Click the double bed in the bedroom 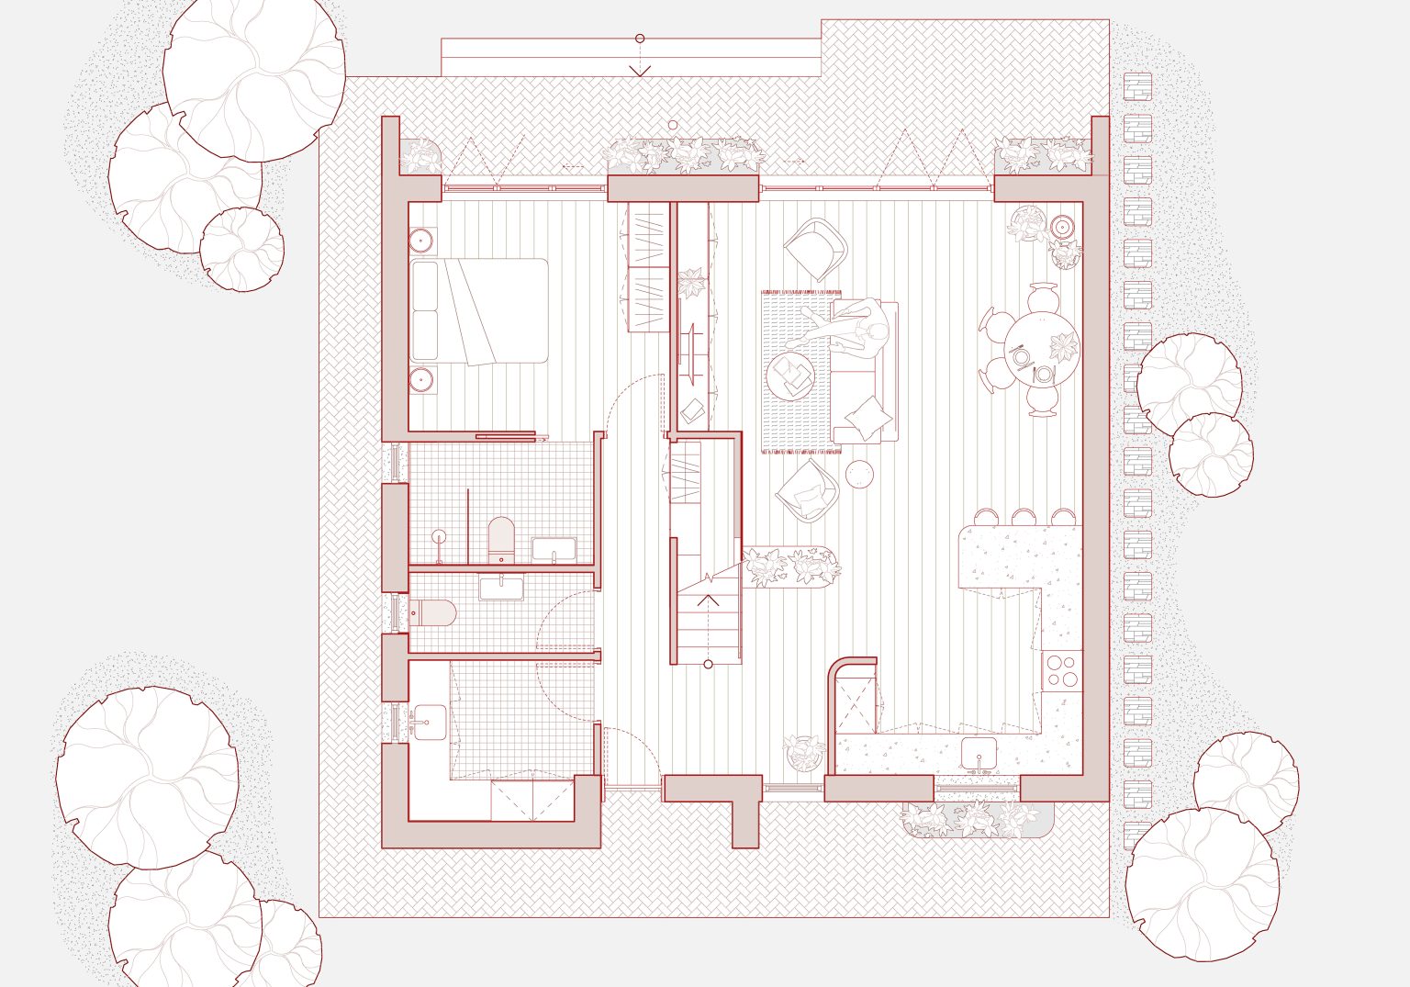coord(479,310)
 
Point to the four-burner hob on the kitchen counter coord(1062,670)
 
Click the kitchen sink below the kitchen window coord(979,753)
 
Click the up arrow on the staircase coord(709,601)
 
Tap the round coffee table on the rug coord(791,376)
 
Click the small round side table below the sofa coord(860,475)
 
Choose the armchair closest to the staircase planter coord(807,491)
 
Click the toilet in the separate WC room coord(432,612)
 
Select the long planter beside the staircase coord(791,566)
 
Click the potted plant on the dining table coord(1063,347)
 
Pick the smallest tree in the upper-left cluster coord(241,249)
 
